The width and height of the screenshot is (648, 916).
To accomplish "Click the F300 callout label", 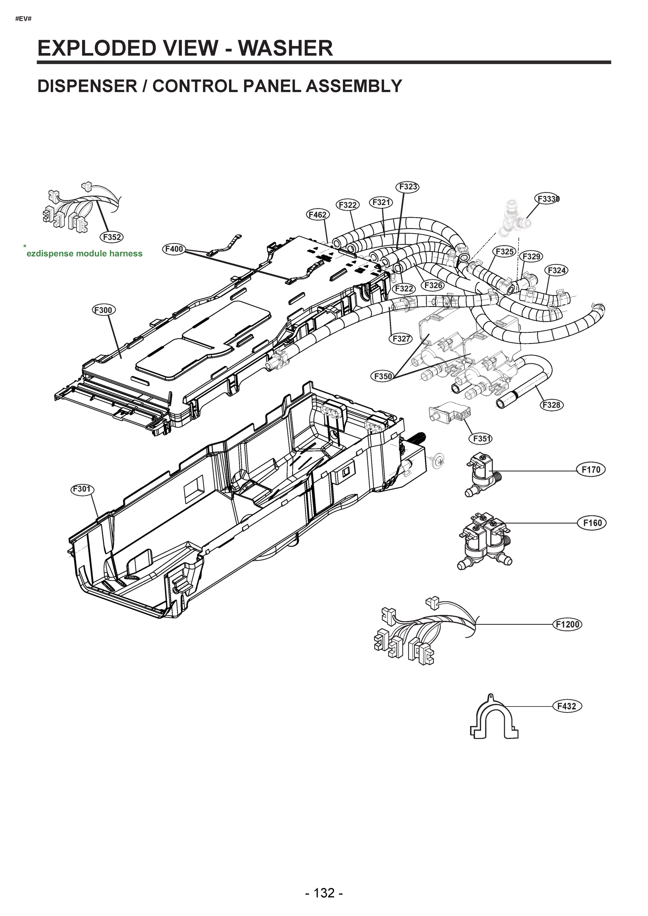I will click(104, 310).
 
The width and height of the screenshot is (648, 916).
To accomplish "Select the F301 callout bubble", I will click(82, 489).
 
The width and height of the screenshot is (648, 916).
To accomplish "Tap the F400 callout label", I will click(174, 249).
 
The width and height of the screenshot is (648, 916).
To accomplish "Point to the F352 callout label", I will click(112, 237).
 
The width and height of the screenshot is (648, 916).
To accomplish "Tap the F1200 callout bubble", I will click(567, 624).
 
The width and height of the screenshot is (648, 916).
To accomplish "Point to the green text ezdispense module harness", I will click(84, 254).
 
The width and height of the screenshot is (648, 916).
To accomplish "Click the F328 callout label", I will click(552, 405).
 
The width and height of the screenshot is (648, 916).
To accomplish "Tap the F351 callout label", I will click(480, 439).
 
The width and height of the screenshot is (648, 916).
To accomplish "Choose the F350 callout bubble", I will click(383, 376).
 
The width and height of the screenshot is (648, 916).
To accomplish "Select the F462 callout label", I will click(318, 214).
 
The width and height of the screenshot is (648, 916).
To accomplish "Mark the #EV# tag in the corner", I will click(23, 19).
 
